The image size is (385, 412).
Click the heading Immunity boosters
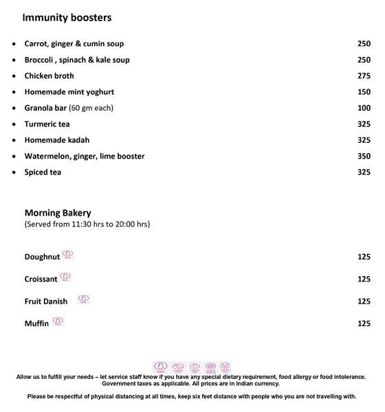tap(67, 17)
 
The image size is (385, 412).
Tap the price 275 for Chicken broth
tap(364, 76)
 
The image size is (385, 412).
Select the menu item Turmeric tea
tap(47, 124)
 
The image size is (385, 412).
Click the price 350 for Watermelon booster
tap(364, 157)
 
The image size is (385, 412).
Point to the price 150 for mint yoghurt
tap(364, 92)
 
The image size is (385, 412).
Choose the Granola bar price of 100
tap(364, 108)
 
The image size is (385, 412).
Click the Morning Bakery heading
tap(58, 213)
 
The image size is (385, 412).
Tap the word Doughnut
tap(43, 257)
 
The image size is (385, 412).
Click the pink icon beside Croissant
tap(66, 277)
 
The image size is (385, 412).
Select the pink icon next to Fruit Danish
tap(83, 299)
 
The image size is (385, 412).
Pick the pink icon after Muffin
tap(58, 321)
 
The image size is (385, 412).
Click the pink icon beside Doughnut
tap(67, 255)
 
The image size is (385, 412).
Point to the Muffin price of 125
tap(364, 323)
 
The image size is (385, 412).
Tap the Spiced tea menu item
tap(43, 172)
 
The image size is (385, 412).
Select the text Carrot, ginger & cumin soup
tap(74, 44)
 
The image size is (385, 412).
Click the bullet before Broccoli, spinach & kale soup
tap(14, 60)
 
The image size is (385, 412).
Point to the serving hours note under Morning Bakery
tap(87, 225)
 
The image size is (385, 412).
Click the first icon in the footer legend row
tap(160, 367)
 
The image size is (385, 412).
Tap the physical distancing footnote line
tap(192, 396)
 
